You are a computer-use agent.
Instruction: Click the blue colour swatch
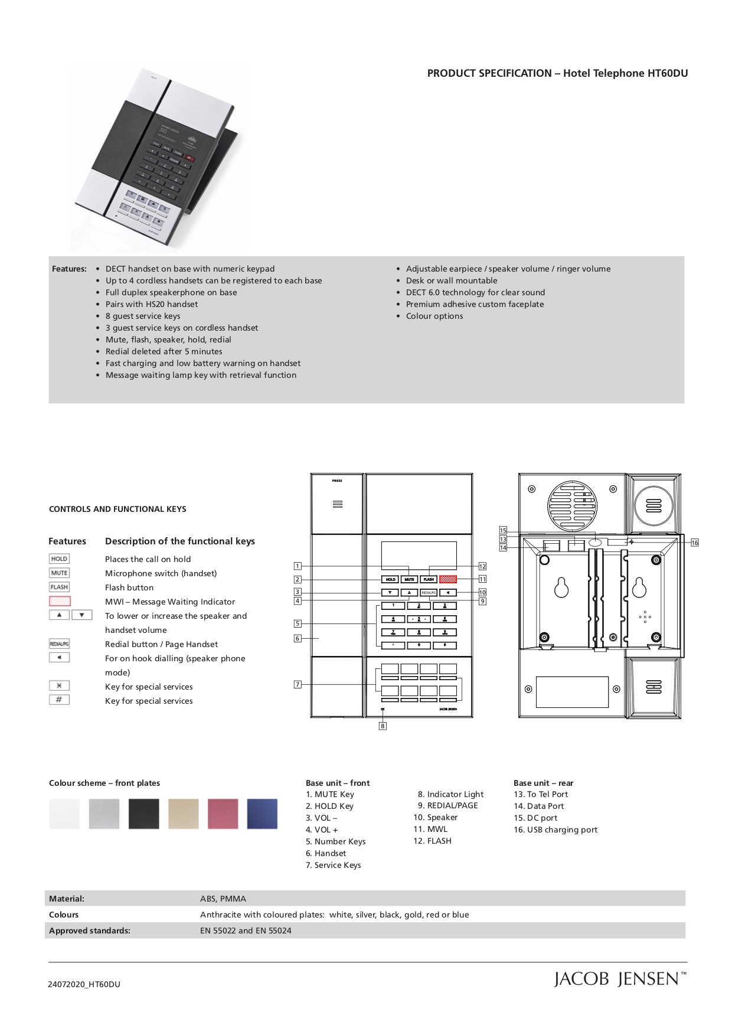click(262, 814)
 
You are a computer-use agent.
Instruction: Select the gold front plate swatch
click(183, 814)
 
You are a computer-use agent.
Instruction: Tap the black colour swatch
click(143, 814)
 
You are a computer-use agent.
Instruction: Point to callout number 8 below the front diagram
click(383, 726)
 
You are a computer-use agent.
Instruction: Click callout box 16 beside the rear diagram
click(695, 543)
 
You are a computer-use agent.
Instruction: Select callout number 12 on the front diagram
click(482, 566)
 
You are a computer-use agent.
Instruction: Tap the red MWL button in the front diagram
click(448, 579)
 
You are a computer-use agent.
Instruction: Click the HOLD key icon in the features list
click(59, 559)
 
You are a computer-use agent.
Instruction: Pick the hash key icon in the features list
click(59, 700)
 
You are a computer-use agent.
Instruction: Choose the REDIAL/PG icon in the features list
click(59, 644)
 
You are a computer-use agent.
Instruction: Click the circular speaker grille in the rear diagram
click(573, 506)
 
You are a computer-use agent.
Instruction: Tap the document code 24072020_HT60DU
click(84, 984)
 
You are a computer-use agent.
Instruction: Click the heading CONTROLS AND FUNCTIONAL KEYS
click(117, 509)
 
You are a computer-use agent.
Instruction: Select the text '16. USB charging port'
click(555, 830)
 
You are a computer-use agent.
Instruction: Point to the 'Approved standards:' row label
click(90, 930)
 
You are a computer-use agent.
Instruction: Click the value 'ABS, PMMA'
click(223, 899)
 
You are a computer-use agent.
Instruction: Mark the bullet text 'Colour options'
click(434, 316)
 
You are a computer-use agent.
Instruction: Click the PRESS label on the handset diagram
click(337, 481)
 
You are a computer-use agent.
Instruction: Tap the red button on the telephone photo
click(189, 158)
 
